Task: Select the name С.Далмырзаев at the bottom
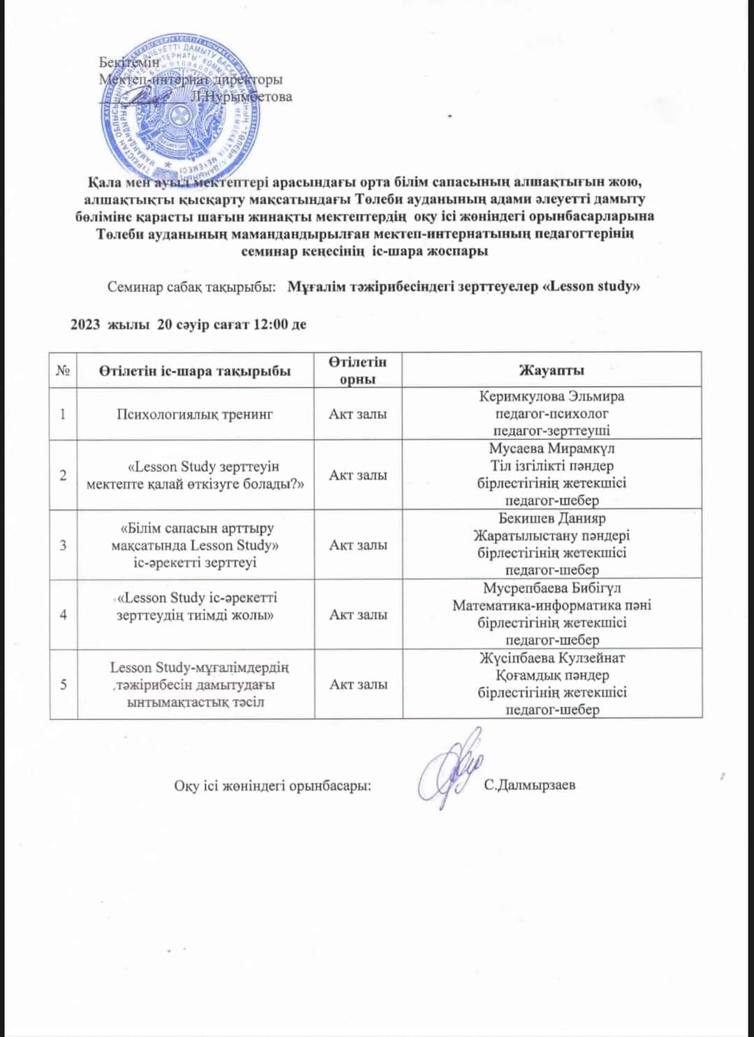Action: tap(529, 785)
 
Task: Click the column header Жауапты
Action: tap(552, 370)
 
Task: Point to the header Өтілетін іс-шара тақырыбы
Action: tap(195, 371)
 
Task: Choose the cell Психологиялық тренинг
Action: tap(195, 414)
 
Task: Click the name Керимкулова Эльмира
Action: tap(552, 397)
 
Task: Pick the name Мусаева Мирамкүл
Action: tap(552, 449)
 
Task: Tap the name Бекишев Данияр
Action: tap(552, 519)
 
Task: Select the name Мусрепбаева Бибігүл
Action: tap(552, 589)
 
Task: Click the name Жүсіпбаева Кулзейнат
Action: tap(552, 659)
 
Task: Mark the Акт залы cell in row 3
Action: tap(358, 545)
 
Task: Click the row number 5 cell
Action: tap(64, 684)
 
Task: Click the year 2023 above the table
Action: tap(85, 324)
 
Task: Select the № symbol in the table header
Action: tap(63, 371)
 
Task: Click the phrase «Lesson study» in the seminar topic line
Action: tap(591, 286)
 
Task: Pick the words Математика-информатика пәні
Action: tap(552, 605)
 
